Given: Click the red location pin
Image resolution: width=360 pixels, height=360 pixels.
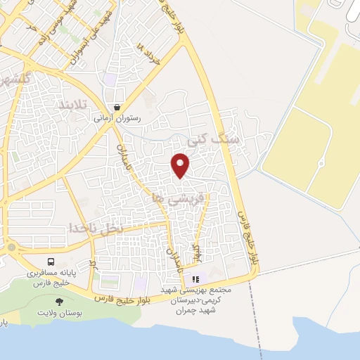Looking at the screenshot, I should (x=181, y=165).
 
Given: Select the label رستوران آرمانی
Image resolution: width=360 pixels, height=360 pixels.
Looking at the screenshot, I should (x=117, y=118).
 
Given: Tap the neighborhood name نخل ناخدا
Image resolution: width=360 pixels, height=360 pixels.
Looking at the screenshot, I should (x=96, y=229).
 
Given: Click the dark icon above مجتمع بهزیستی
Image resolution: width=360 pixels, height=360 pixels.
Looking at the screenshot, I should (x=195, y=278).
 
